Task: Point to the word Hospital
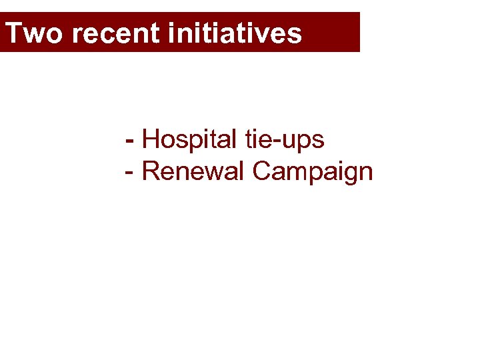click(189, 140)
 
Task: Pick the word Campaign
click(313, 172)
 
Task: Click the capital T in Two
click(14, 33)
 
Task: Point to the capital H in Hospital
click(151, 140)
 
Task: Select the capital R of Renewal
click(151, 171)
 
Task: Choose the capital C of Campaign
click(263, 171)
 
